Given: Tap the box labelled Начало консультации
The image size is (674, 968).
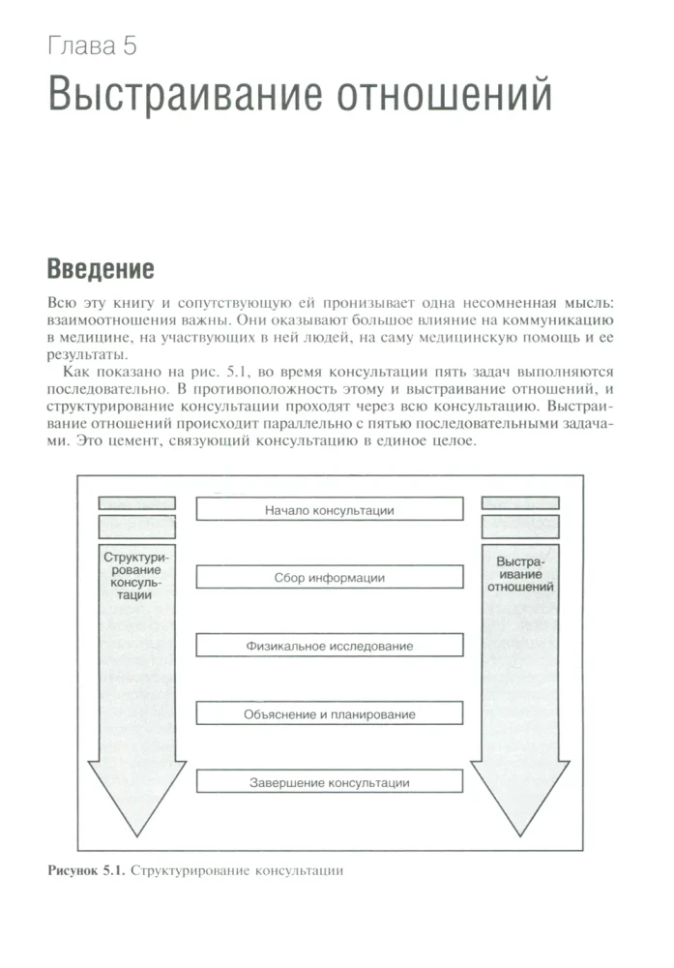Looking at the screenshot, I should click(x=329, y=508).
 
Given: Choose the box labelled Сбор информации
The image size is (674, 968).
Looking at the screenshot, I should click(x=329, y=577).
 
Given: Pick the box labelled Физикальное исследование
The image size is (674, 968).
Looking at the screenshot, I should click(x=329, y=646).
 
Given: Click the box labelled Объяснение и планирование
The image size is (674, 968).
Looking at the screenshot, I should click(x=329, y=714).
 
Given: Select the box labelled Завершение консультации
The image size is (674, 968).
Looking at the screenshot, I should click(x=329, y=782).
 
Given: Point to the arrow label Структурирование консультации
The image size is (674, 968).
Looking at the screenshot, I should click(x=136, y=577).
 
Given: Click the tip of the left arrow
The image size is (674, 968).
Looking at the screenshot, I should click(x=136, y=832).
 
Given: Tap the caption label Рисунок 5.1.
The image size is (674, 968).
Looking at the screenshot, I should click(x=85, y=870).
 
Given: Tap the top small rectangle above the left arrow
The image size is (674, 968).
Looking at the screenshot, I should click(x=136, y=502).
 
